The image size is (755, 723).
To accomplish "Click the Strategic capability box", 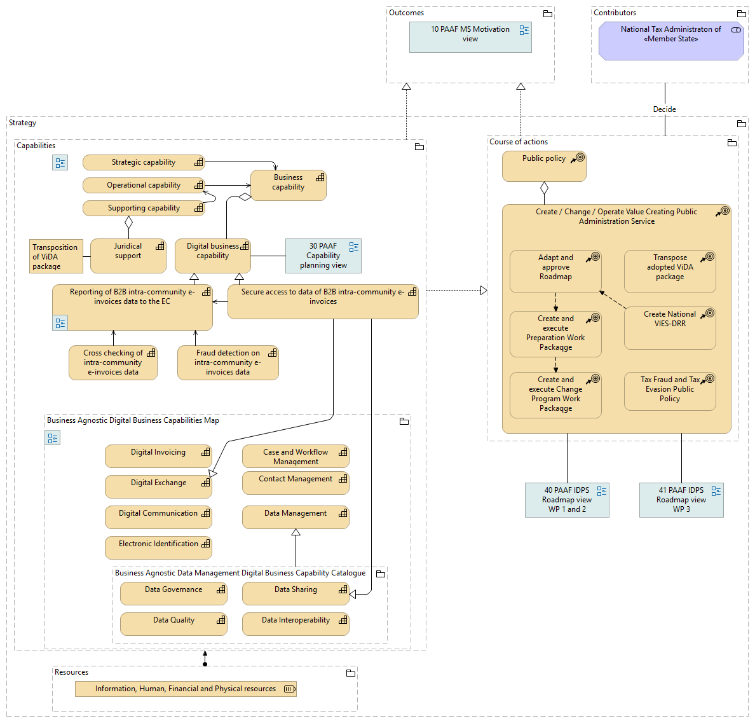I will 144,163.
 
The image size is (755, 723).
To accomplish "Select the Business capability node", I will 288,185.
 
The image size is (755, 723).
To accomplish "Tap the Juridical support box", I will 128,256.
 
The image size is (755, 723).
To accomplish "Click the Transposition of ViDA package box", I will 56,256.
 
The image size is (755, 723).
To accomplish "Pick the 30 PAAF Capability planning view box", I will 323,256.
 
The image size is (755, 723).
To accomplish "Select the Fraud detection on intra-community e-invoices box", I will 228,362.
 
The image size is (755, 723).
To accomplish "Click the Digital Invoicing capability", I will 158,456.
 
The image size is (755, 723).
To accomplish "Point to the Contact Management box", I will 296,483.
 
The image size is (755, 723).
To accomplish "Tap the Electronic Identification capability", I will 158,547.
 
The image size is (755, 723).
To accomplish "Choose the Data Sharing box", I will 296,593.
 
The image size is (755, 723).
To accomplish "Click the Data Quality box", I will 173,624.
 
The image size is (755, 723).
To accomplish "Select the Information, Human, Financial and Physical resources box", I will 186,689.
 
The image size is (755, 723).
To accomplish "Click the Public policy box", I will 544,166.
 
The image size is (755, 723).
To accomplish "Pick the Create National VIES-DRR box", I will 670,327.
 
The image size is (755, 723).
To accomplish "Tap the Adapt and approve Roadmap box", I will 555,271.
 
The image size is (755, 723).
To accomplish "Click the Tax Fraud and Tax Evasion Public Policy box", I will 670,391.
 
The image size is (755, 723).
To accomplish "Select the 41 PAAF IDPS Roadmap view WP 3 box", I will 681,500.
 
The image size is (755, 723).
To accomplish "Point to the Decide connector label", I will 665,109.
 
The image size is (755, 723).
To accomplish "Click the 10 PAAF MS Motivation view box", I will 470,37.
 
